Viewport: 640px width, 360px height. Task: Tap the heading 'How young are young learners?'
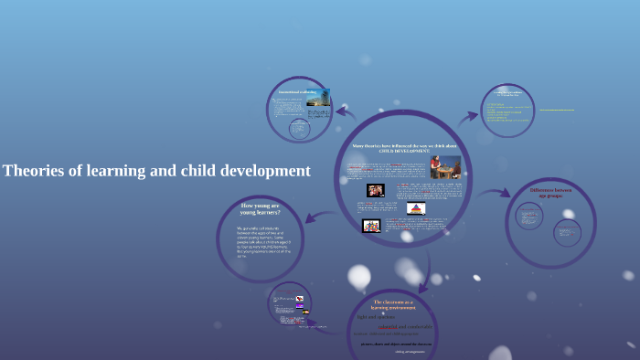(261, 209)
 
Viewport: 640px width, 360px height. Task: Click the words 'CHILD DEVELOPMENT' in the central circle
(398, 150)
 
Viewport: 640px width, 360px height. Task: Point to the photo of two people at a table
(445, 167)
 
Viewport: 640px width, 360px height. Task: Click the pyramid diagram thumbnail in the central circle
(415, 209)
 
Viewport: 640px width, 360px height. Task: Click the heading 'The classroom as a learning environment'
(394, 305)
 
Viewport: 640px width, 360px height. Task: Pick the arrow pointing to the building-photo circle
(345, 113)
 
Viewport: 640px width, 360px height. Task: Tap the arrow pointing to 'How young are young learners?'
(313, 217)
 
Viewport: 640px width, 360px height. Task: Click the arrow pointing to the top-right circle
(467, 116)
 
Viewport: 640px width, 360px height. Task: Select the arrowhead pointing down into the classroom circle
(423, 286)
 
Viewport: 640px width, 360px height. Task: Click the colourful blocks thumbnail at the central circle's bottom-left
(371, 226)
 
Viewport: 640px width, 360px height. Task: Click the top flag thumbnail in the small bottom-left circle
(298, 298)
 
